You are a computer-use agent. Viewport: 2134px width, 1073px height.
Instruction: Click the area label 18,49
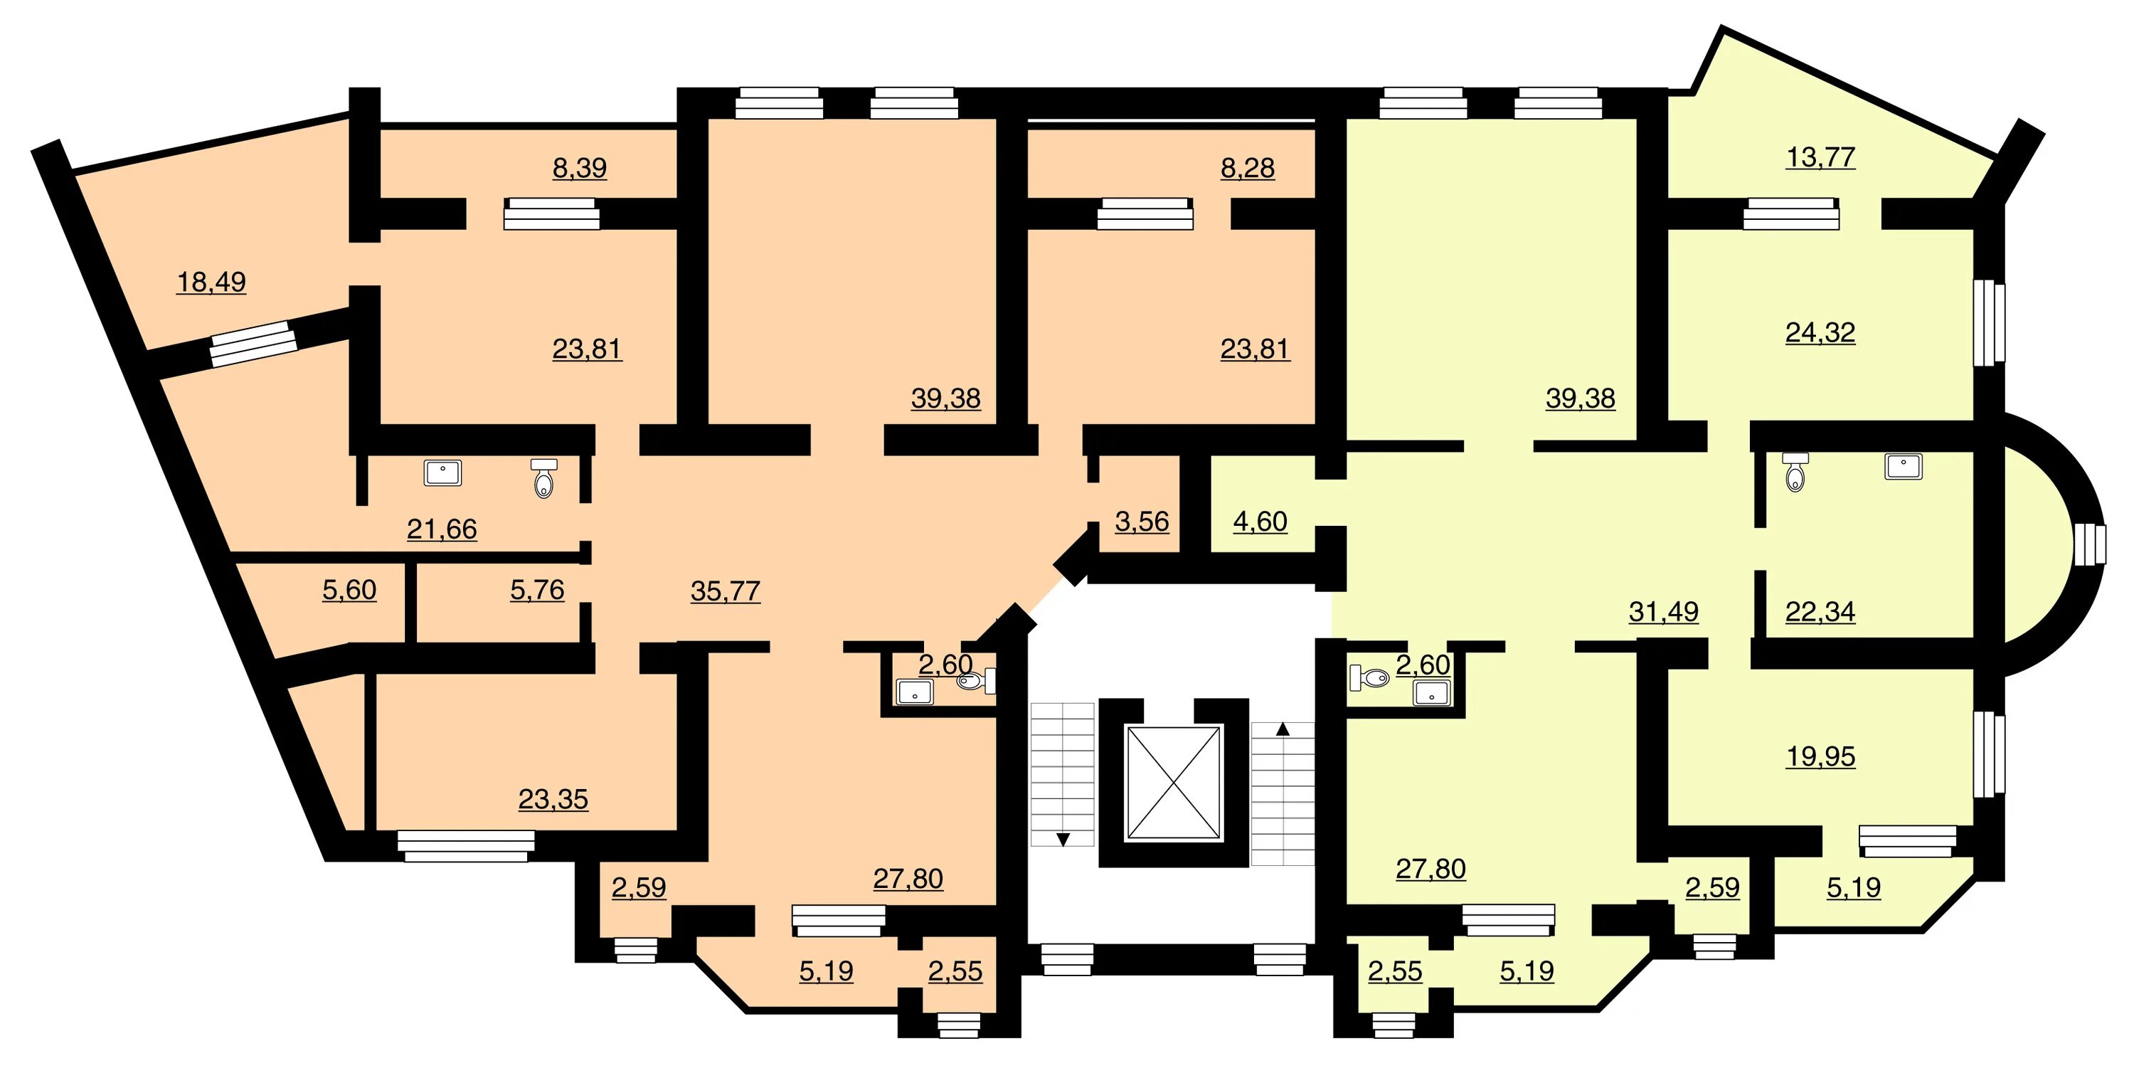point(211,282)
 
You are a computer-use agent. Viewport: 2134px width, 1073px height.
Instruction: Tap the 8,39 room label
point(580,168)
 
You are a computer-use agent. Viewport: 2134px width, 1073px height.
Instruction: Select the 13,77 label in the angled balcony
point(1820,157)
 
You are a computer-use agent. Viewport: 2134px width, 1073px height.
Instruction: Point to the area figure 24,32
point(1820,333)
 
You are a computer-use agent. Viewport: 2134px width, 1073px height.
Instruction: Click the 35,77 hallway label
point(726,591)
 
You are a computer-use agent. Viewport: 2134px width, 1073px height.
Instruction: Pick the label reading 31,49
point(1664,613)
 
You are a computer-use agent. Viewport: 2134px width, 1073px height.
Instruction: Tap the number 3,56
point(1142,522)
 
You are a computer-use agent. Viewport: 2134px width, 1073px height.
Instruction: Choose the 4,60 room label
point(1260,522)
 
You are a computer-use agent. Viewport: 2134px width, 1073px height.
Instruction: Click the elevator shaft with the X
point(1174,783)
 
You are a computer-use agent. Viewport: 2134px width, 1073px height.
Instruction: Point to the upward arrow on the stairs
point(1283,730)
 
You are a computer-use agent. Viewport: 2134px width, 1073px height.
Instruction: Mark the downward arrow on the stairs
point(1063,840)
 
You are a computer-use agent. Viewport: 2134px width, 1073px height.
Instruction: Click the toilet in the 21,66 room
point(543,479)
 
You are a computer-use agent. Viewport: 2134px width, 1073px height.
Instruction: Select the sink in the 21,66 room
point(443,473)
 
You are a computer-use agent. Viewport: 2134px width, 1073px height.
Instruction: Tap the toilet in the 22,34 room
point(1795,472)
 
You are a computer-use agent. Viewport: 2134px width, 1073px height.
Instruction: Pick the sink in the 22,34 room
point(1904,467)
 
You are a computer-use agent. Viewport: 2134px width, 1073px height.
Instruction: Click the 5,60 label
point(349,591)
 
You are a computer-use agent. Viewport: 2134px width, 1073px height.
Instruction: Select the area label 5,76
point(537,591)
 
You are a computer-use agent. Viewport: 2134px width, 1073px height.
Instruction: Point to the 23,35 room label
point(553,800)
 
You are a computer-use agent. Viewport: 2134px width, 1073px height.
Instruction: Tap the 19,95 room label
point(1820,757)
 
